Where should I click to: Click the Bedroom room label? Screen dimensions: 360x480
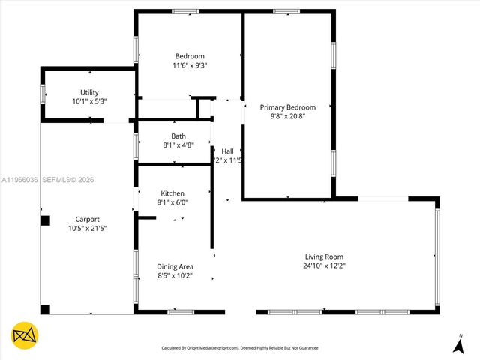pyautogui.click(x=190, y=56)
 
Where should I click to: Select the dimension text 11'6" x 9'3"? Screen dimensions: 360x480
pyautogui.click(x=190, y=65)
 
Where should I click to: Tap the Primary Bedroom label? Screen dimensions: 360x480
pyautogui.click(x=288, y=107)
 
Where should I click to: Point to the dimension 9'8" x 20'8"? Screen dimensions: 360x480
pyautogui.click(x=288, y=116)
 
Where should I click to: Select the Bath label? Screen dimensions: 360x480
pyautogui.click(x=178, y=136)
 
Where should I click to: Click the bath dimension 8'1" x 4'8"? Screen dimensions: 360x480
pyautogui.click(x=178, y=145)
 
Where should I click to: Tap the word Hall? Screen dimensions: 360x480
pyautogui.click(x=227, y=151)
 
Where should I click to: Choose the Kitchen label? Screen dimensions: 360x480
pyautogui.click(x=172, y=193)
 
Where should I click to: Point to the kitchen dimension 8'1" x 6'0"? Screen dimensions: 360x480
pyautogui.click(x=172, y=202)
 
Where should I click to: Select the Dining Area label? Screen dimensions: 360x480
pyautogui.click(x=175, y=266)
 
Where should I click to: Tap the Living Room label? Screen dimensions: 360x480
pyautogui.click(x=324, y=256)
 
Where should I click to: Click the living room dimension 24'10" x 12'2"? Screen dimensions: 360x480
pyautogui.click(x=324, y=265)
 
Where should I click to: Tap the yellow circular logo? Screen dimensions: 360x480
pyautogui.click(x=25, y=335)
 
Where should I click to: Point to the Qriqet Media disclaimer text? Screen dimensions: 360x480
pyautogui.click(x=240, y=348)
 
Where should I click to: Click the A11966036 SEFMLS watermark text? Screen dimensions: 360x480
pyautogui.click(x=48, y=180)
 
